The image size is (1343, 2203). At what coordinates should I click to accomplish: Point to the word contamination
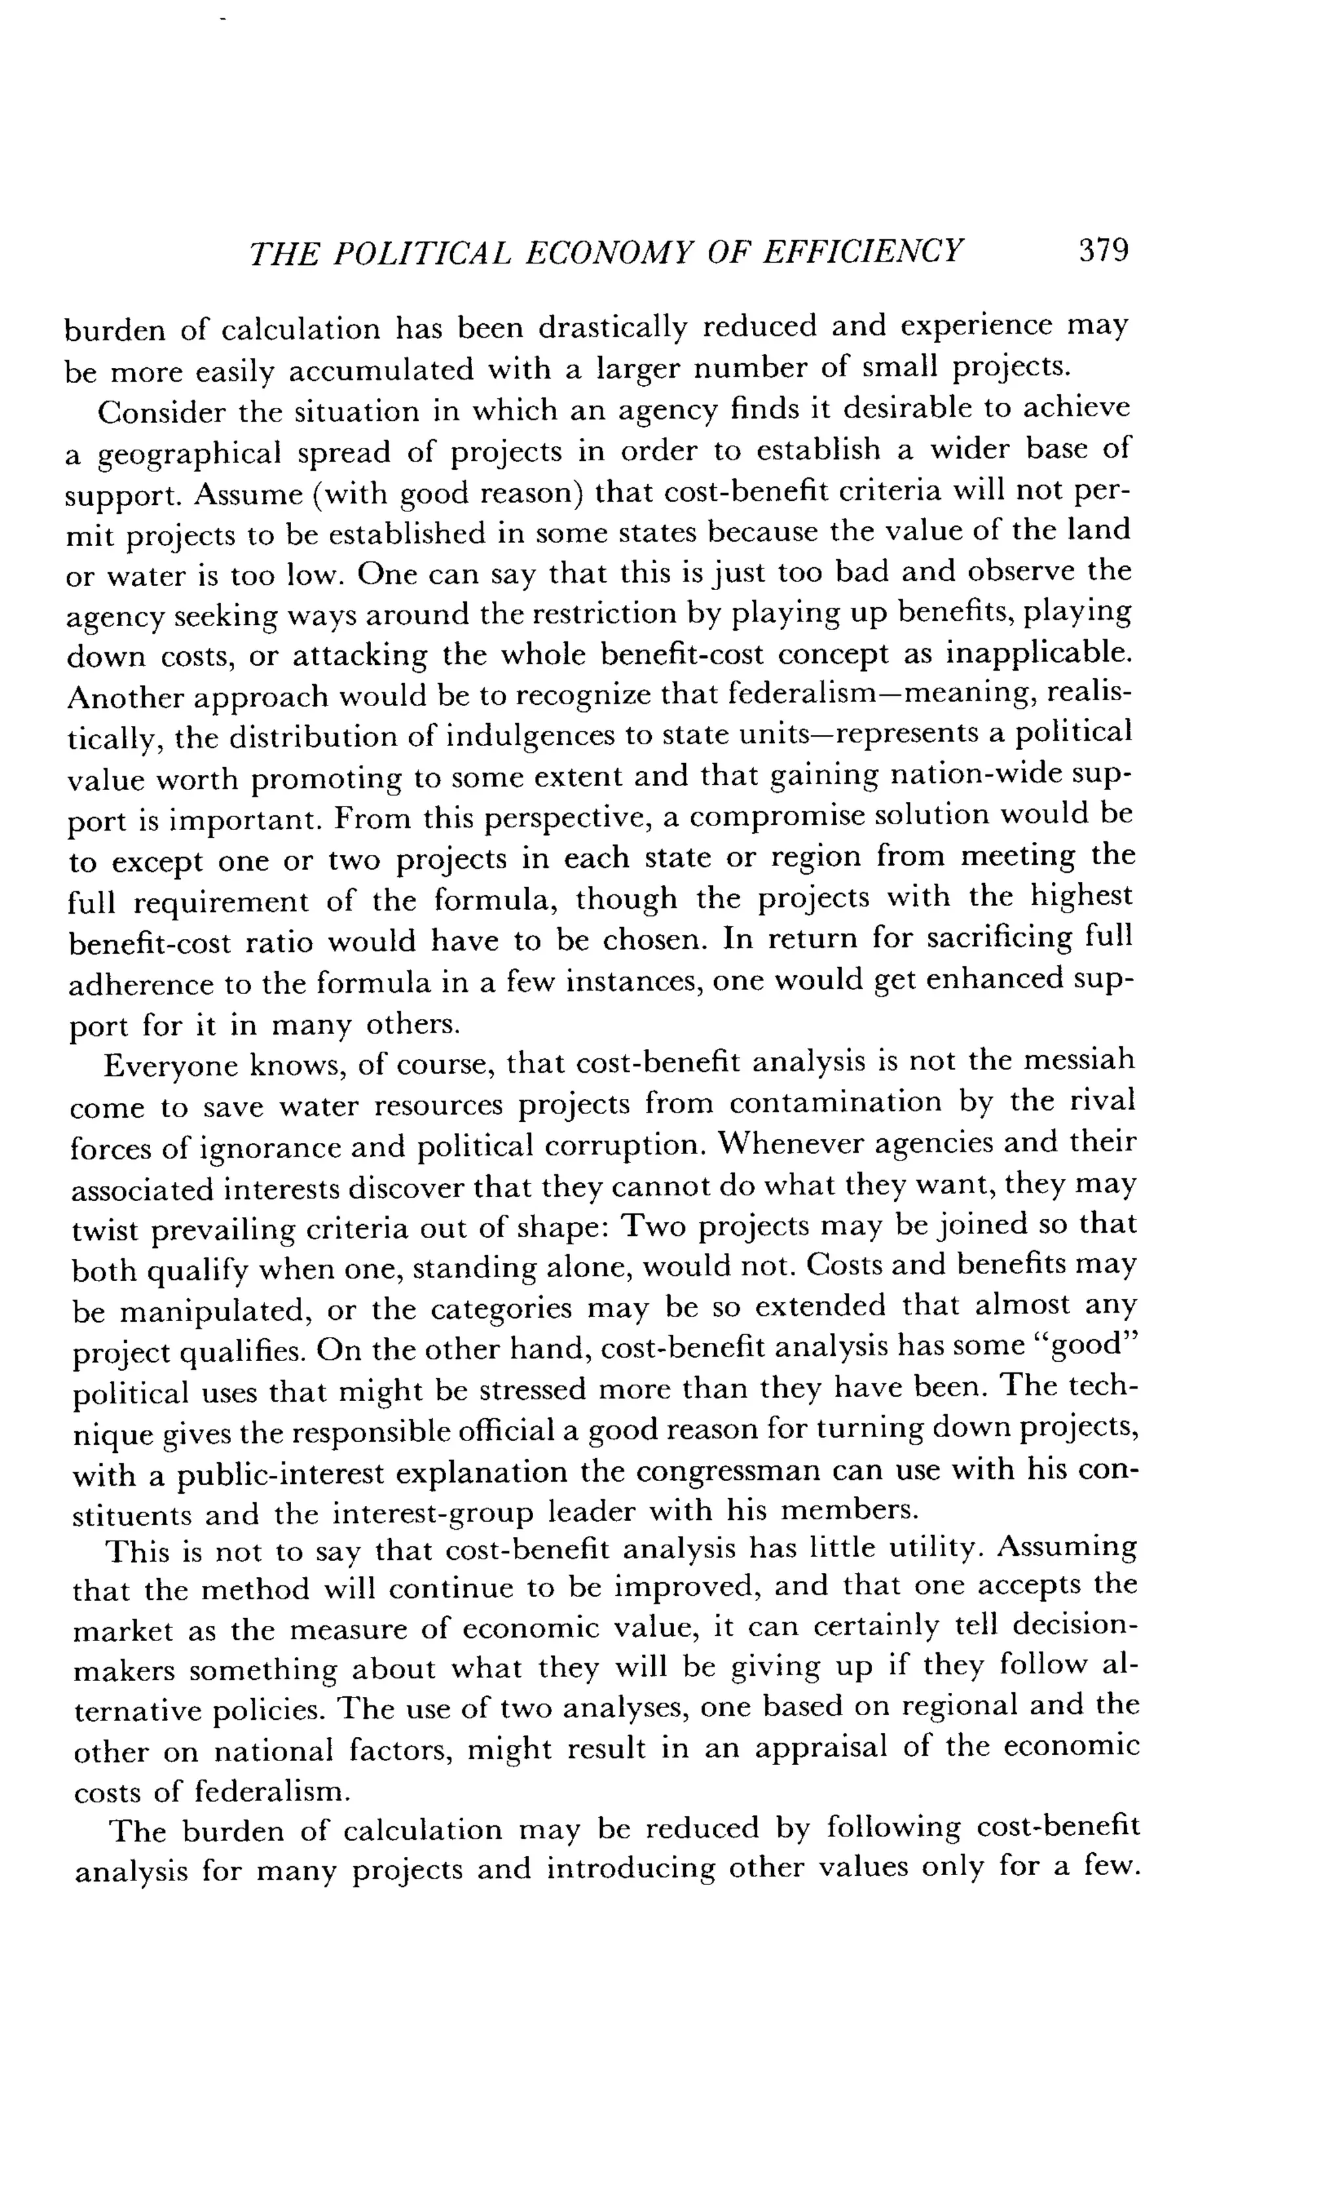point(835,1103)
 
